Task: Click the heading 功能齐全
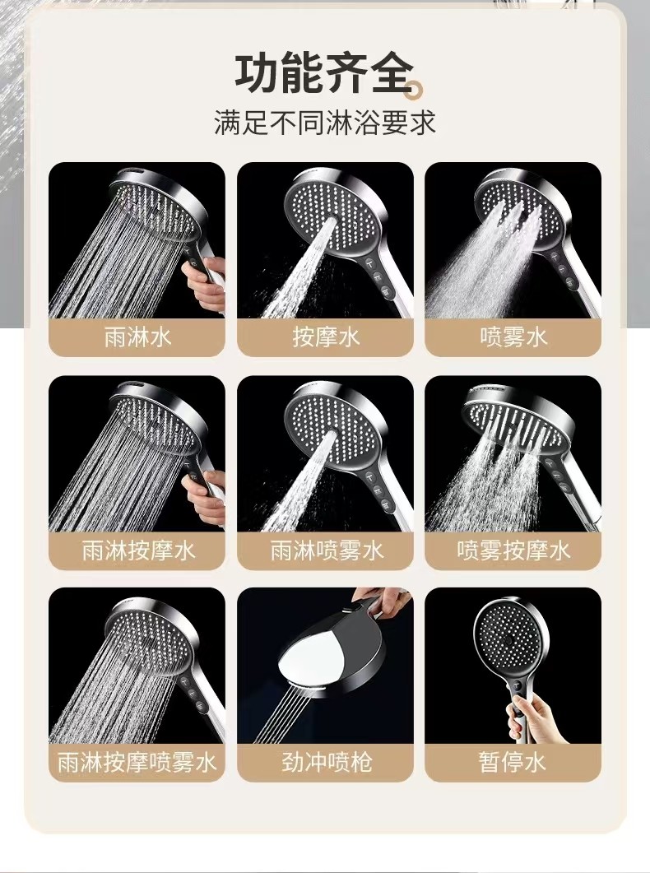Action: point(325,73)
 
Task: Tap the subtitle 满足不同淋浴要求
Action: point(325,123)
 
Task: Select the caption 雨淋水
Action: point(137,337)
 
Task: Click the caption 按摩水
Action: point(326,337)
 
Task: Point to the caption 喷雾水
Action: point(513,337)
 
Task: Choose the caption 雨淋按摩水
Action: point(137,550)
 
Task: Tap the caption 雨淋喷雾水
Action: point(326,550)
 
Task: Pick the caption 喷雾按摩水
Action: point(513,550)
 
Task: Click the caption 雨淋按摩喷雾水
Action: point(137,762)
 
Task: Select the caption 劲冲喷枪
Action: point(326,762)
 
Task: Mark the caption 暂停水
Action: point(513,762)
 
